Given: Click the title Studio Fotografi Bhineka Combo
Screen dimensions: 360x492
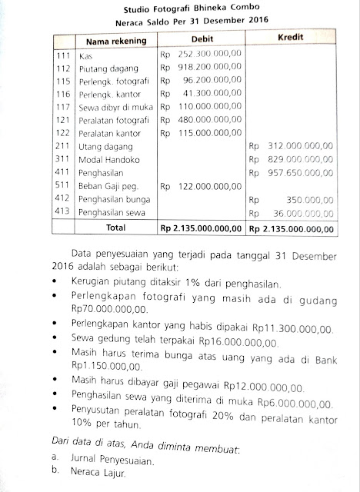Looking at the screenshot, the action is pyautogui.click(x=181, y=11).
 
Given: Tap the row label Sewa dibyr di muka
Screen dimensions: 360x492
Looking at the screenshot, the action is pyautogui.click(x=113, y=107).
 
